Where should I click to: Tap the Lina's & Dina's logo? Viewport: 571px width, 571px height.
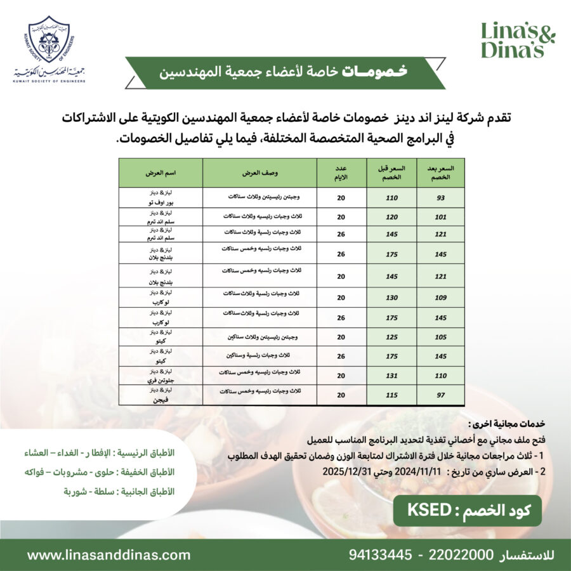coord(517,40)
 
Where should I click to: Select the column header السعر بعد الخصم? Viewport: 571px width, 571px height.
coord(441,173)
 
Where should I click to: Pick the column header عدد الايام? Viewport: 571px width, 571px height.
coord(341,173)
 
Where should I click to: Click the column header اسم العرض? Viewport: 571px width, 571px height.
coord(161,173)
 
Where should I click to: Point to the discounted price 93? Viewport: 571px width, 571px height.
coord(441,198)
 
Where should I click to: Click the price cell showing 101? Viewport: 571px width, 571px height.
coord(441,217)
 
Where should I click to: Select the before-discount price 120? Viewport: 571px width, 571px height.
coord(391,217)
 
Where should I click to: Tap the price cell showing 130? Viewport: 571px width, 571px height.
coord(391,298)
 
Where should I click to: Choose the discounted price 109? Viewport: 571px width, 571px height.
coord(441,298)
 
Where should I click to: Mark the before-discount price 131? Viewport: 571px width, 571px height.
coord(391,376)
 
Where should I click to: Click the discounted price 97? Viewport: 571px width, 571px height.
coord(441,395)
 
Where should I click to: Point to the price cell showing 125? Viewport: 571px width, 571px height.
coord(391,337)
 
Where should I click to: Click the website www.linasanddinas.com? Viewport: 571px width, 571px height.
coord(108,555)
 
